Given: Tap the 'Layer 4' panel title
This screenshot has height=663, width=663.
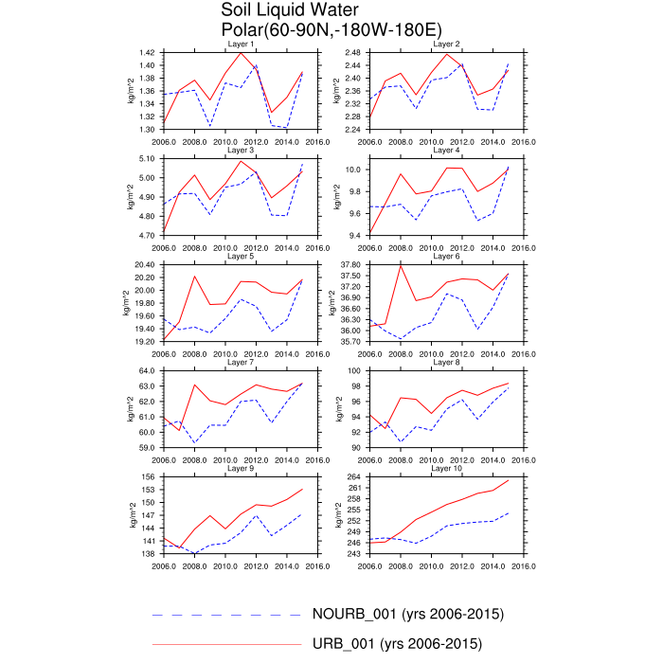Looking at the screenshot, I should (446, 150).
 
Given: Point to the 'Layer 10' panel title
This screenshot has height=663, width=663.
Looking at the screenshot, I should (446, 469).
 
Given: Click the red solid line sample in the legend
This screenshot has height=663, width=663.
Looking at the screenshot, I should (227, 645).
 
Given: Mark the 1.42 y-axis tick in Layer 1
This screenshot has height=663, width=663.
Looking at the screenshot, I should (146, 52).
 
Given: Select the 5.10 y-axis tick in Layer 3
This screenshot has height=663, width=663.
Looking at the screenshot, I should (146, 158).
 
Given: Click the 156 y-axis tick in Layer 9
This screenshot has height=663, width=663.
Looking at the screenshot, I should (148, 477).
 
